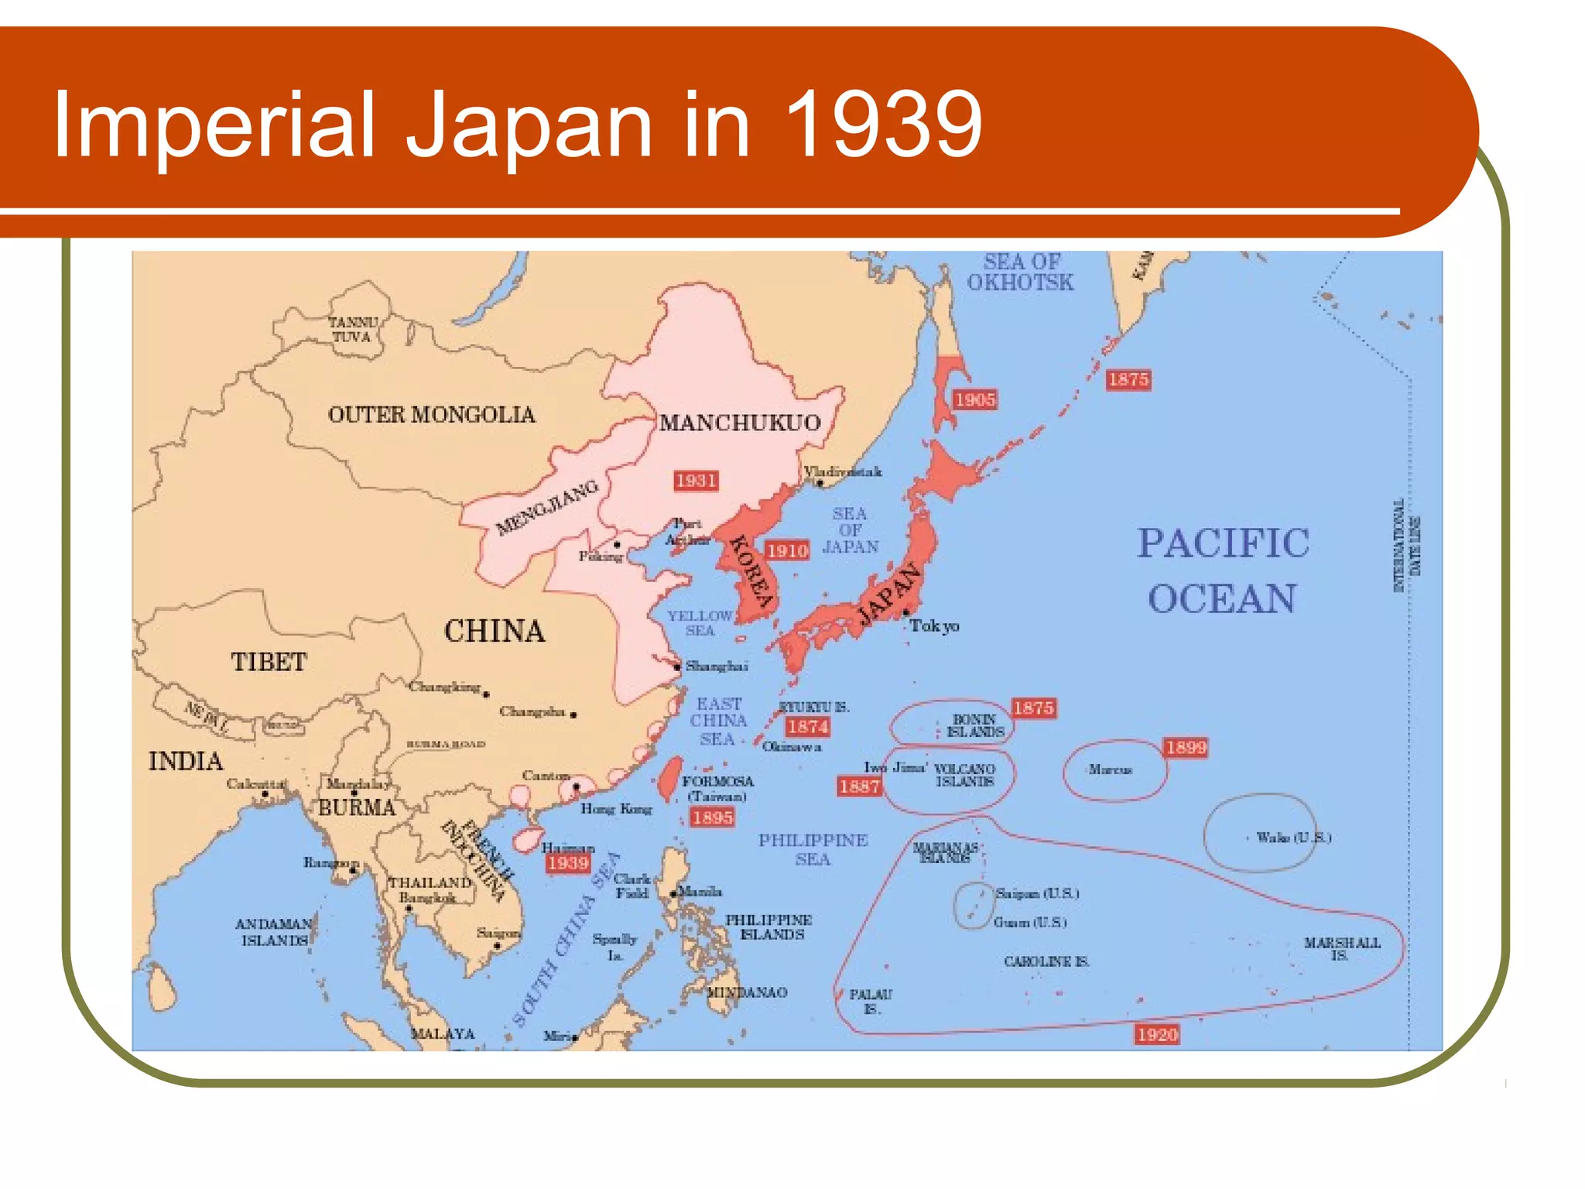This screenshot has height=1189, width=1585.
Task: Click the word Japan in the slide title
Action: [529, 124]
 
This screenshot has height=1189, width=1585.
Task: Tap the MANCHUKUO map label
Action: [739, 423]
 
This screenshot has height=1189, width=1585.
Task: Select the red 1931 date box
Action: [696, 481]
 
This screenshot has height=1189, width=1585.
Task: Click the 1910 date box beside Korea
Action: [787, 550]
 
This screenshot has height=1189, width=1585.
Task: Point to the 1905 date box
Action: [974, 399]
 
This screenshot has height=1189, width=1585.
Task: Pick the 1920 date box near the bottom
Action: [1157, 1034]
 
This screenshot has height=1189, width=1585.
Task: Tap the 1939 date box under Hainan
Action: [568, 862]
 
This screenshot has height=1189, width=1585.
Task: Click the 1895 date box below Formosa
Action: [712, 817]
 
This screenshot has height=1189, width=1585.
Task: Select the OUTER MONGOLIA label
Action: [431, 415]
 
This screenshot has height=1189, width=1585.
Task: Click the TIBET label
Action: [269, 663]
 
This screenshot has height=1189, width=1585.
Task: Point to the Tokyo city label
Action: [934, 625]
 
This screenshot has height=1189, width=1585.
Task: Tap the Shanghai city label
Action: [717, 666]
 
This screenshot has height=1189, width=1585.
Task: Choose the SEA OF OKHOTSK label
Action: [1021, 272]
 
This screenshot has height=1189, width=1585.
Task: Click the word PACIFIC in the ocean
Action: [1223, 543]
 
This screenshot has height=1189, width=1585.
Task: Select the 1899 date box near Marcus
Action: [1186, 747]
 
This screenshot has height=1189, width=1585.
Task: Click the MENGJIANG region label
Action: [547, 507]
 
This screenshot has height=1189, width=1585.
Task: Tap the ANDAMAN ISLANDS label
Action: [274, 932]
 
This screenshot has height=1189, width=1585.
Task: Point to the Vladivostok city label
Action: [842, 471]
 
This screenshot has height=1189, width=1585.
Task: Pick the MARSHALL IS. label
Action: [1342, 948]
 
